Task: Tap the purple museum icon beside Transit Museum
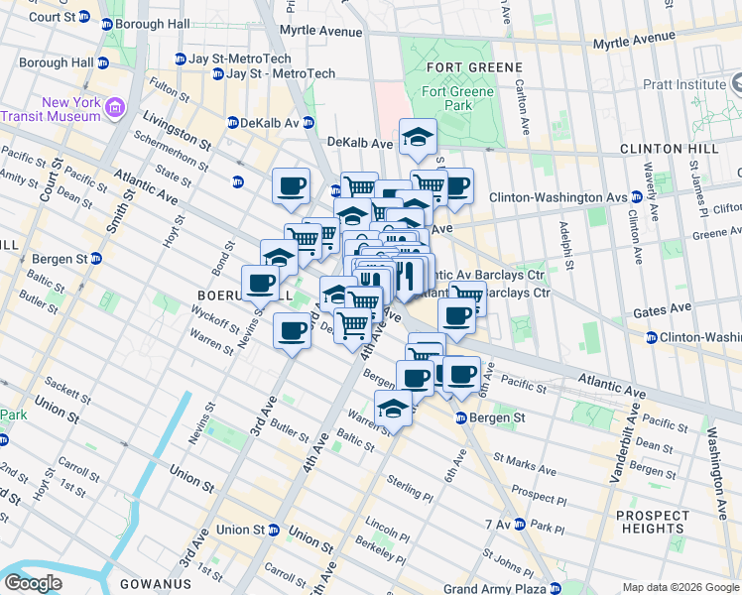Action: tap(115, 106)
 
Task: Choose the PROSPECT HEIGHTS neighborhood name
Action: tap(652, 522)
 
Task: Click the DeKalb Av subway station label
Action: tap(263, 123)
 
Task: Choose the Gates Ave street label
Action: tap(662, 309)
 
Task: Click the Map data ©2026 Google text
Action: tap(680, 586)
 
